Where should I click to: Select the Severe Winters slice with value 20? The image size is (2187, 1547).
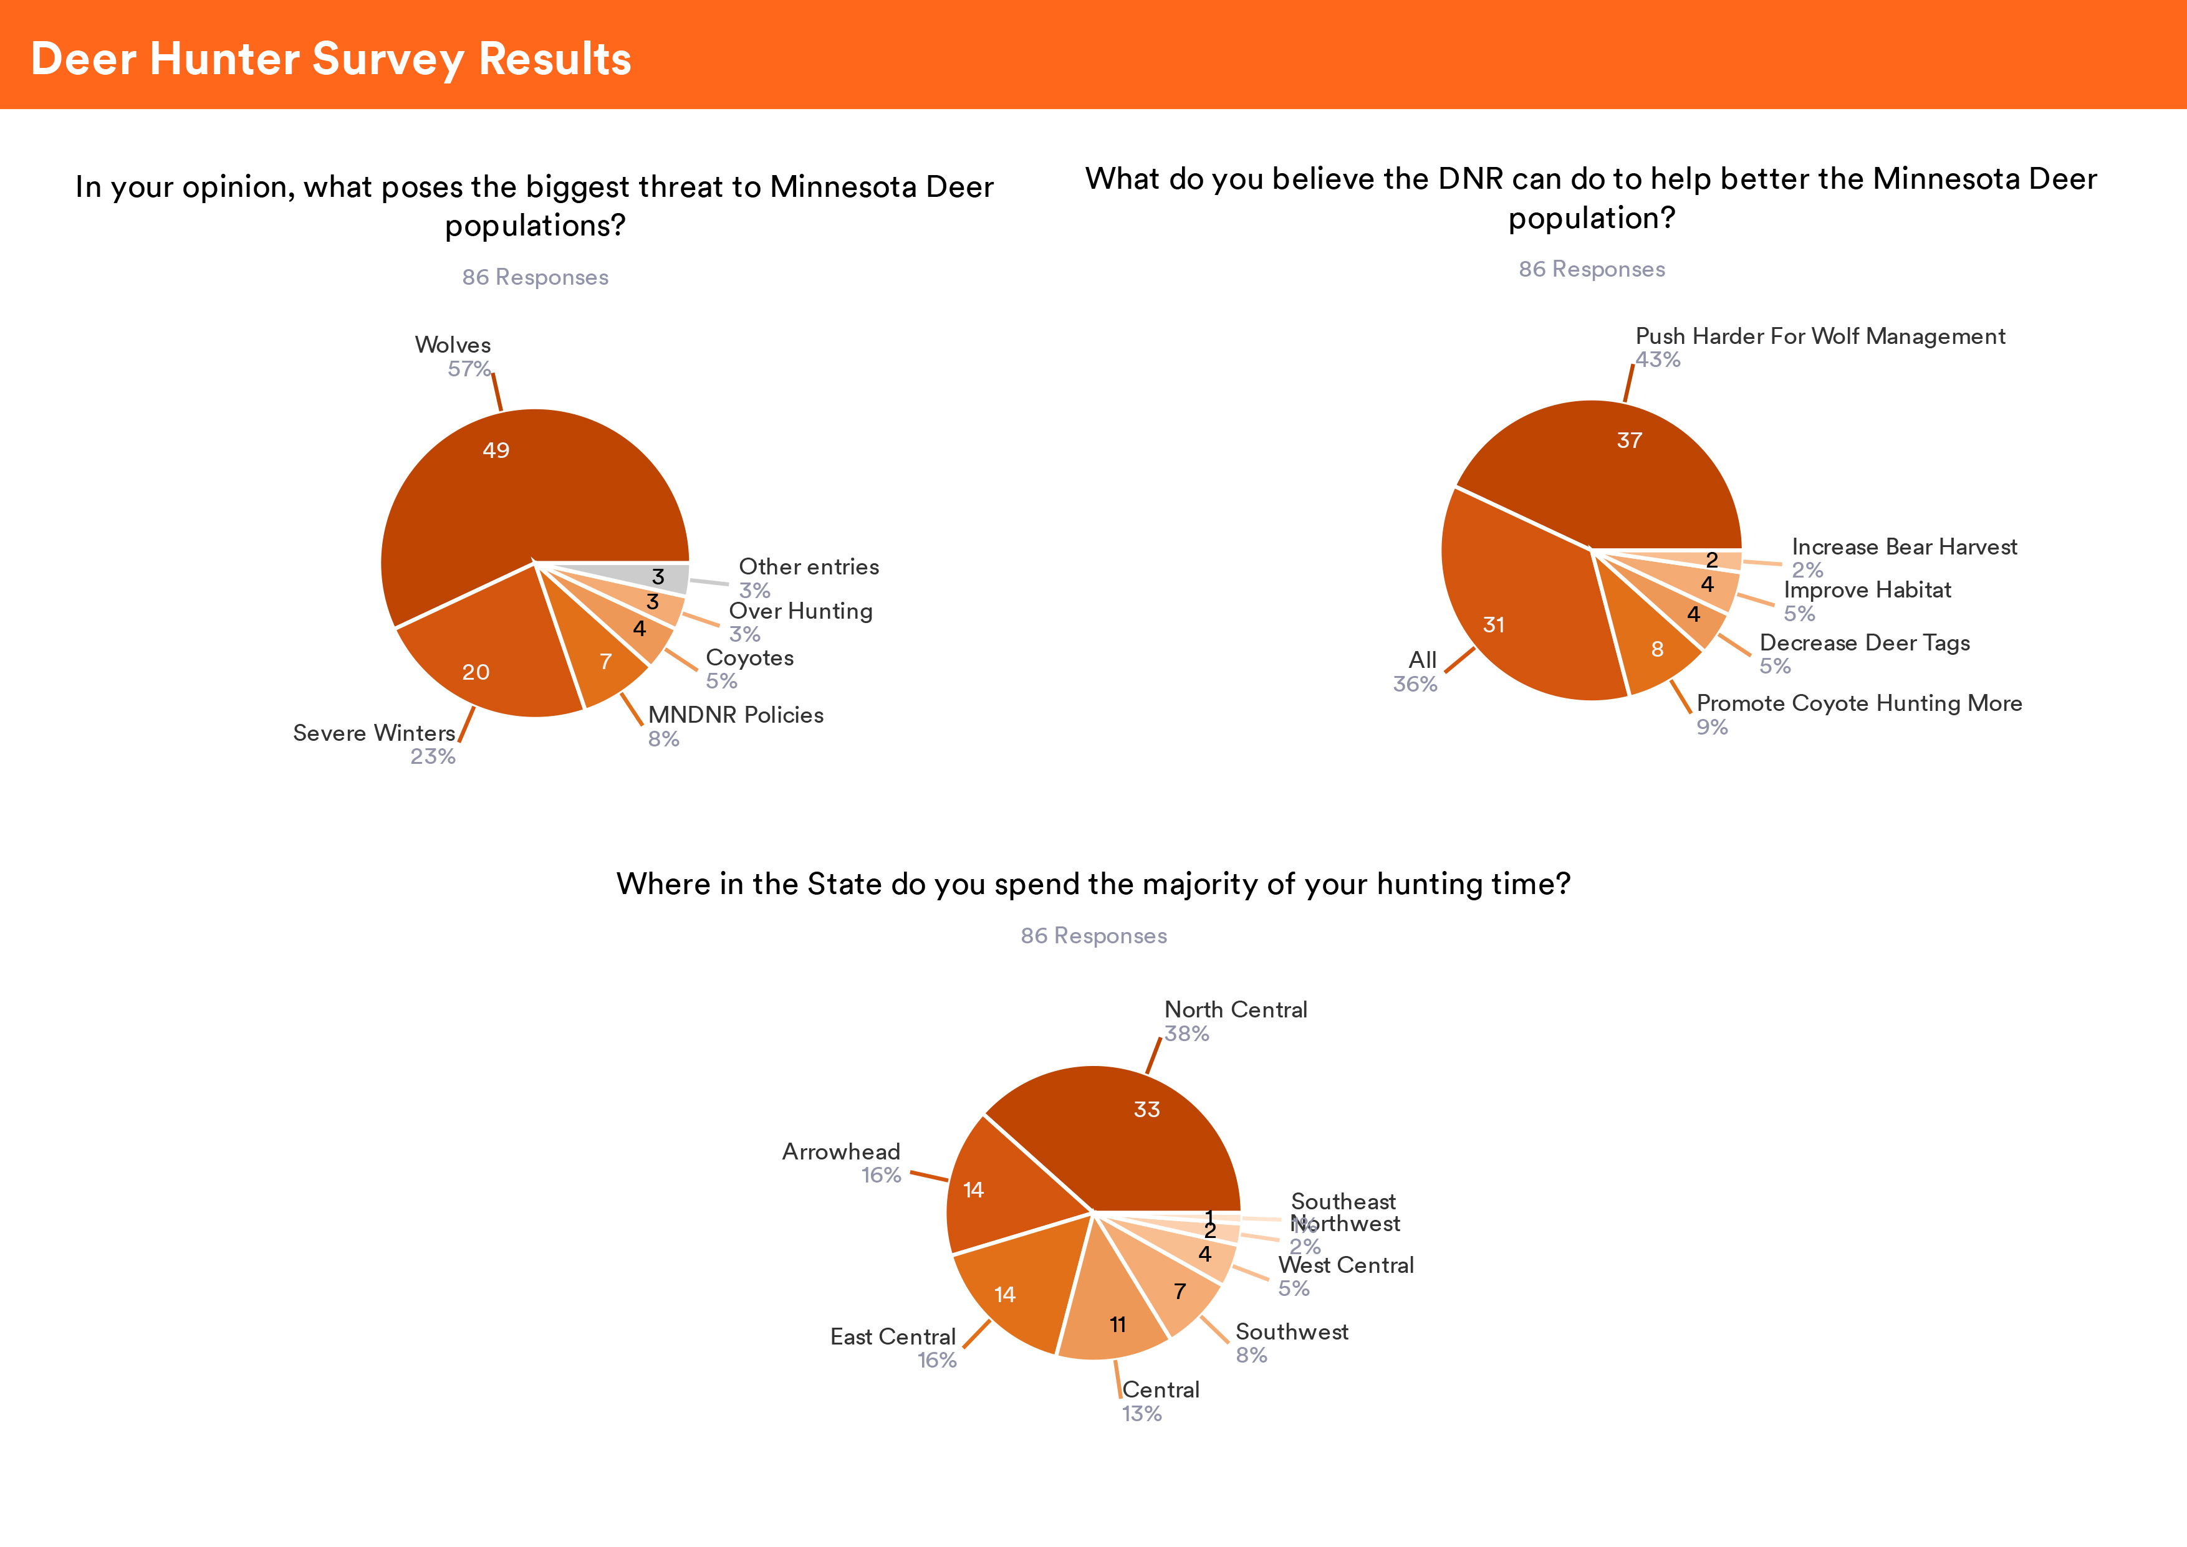click(486, 657)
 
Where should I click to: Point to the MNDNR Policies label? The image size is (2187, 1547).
click(736, 715)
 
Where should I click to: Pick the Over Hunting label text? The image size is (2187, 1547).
click(800, 612)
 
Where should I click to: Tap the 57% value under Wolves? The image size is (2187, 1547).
click(469, 369)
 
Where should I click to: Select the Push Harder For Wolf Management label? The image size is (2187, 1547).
click(1820, 336)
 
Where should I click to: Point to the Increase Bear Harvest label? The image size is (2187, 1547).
click(1904, 547)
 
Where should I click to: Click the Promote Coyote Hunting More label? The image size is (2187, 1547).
click(1859, 703)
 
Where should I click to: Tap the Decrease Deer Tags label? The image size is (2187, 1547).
click(1864, 643)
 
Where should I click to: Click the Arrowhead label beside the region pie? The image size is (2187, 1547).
click(840, 1151)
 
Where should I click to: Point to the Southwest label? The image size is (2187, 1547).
click(1291, 1331)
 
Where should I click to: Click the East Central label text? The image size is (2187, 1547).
click(892, 1336)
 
